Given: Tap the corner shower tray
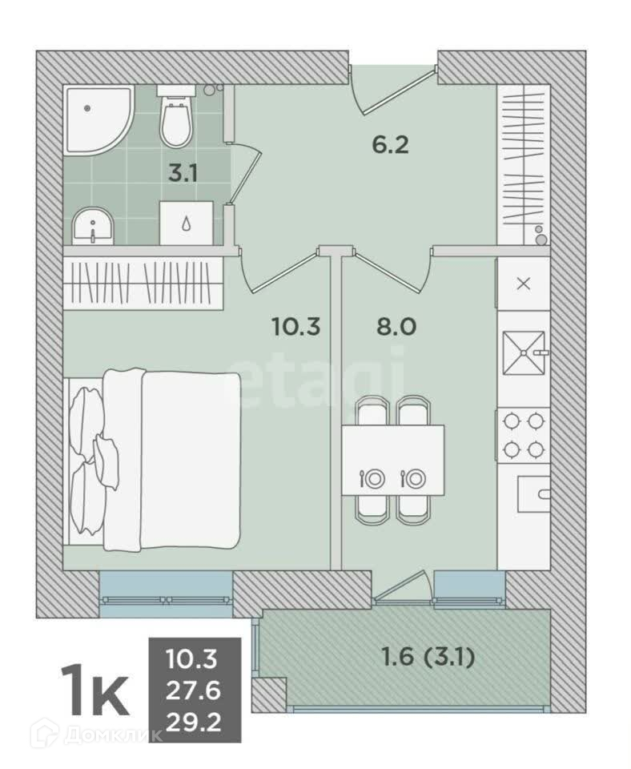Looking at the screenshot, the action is click(x=98, y=120).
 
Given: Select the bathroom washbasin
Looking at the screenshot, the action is click(x=93, y=226).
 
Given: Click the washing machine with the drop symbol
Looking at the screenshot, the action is click(x=187, y=223).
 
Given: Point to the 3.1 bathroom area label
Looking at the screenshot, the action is click(x=183, y=173).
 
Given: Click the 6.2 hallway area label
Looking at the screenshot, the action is click(x=390, y=145).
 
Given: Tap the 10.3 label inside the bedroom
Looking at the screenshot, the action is click(x=295, y=327).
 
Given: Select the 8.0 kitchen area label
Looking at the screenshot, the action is click(x=396, y=327).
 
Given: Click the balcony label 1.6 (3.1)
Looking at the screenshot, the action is click(x=428, y=657).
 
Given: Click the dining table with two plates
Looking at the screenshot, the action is click(x=393, y=461).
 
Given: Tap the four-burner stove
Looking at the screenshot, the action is click(x=524, y=434).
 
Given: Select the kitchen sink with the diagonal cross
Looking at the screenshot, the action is click(x=524, y=352).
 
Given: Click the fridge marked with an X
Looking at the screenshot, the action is click(x=524, y=284).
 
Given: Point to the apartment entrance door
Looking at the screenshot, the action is click(x=393, y=90).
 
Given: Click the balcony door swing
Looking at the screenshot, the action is click(x=403, y=585).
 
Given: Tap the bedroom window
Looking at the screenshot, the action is click(x=167, y=594).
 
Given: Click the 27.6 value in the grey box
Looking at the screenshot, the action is click(x=193, y=691).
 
